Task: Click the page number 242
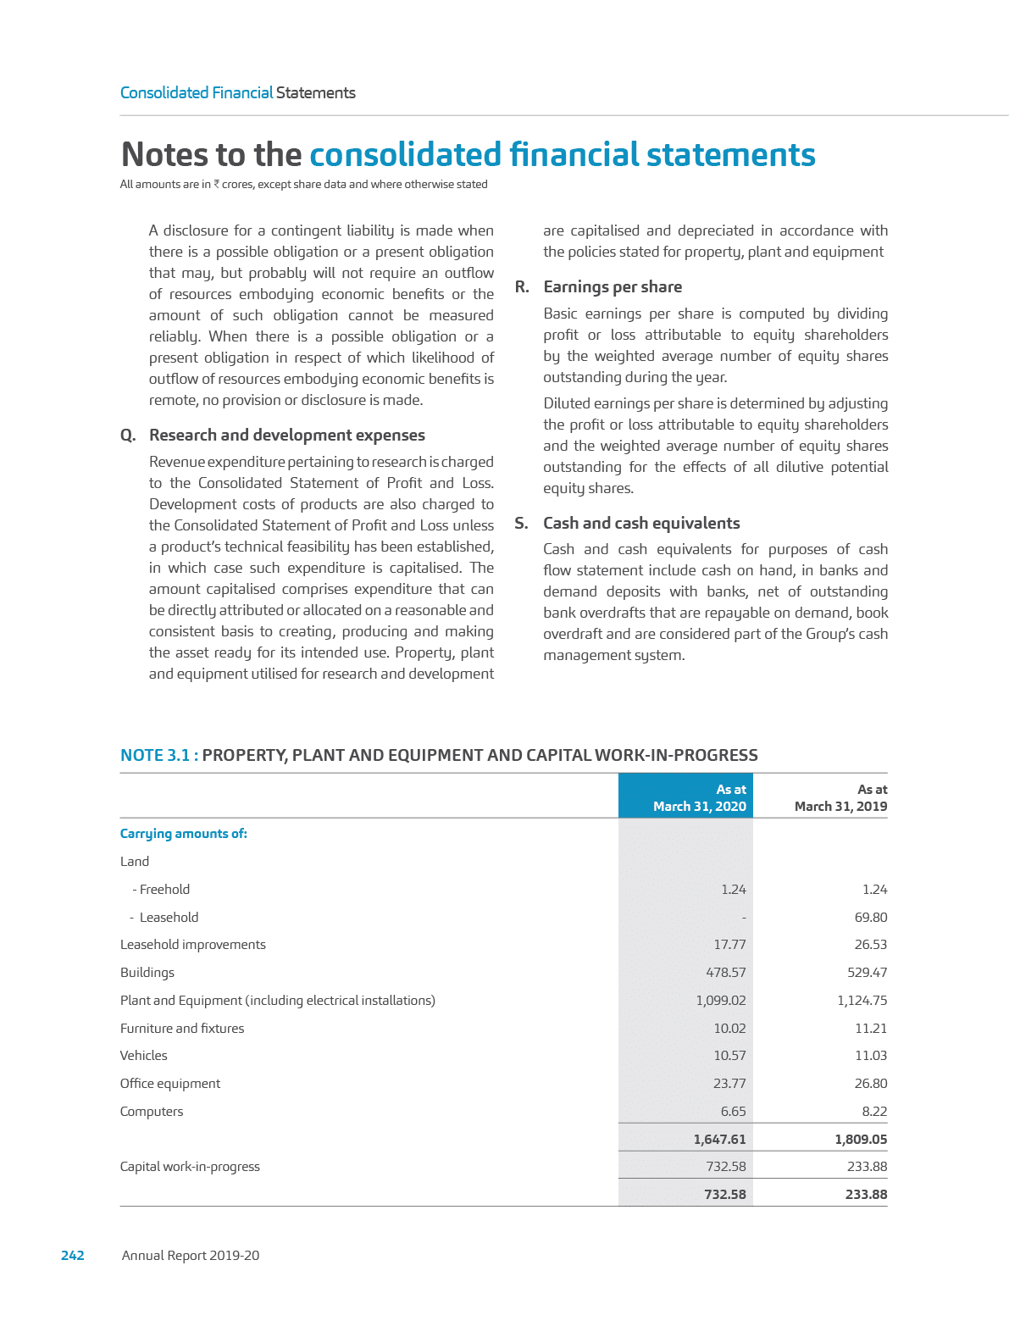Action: [x=73, y=1256]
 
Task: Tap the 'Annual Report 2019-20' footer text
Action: [x=191, y=1256]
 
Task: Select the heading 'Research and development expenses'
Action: [x=287, y=436]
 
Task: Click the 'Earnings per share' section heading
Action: [x=613, y=287]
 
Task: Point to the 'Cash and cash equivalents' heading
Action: [x=641, y=524]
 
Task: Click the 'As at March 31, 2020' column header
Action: [x=700, y=797]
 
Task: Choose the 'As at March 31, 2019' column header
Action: [x=840, y=797]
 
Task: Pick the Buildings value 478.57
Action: [x=726, y=973]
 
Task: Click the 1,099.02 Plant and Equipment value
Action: [x=721, y=1001]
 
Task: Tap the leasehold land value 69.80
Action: [x=871, y=918]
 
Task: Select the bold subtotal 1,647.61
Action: [x=720, y=1140]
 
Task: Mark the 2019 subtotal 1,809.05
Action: [x=861, y=1140]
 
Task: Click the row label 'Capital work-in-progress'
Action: [x=190, y=1167]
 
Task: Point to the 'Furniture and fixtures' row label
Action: [x=182, y=1029]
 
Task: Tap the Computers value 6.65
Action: [x=733, y=1112]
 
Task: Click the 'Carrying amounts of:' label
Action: [x=183, y=834]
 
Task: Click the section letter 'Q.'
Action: [x=128, y=436]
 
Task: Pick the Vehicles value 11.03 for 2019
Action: [x=871, y=1056]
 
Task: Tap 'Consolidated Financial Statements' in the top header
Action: [x=237, y=93]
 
